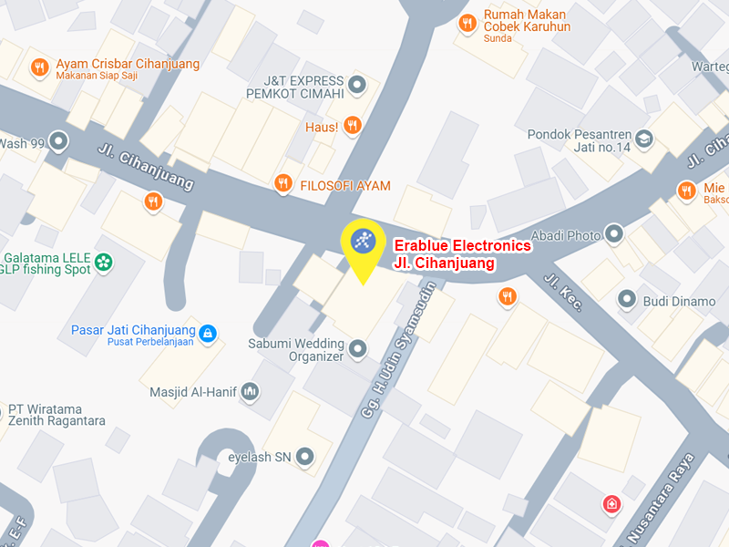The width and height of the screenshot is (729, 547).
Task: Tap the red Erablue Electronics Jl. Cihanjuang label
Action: click(x=461, y=254)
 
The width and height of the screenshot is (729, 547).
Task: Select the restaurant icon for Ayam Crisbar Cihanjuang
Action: click(x=39, y=67)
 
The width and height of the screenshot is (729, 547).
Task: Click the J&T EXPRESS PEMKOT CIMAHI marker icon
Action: click(x=357, y=86)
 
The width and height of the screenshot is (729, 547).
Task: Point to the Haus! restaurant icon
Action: click(x=353, y=126)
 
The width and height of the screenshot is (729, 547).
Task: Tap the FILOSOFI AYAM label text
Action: click(x=345, y=185)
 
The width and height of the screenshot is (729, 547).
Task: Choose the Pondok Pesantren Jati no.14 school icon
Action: click(x=644, y=139)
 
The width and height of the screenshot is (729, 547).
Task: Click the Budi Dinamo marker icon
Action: click(x=626, y=299)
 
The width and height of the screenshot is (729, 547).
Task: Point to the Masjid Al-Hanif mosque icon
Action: click(x=251, y=392)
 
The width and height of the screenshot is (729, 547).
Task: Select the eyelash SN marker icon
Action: click(x=305, y=456)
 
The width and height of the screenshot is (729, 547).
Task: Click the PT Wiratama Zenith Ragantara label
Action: click(x=56, y=415)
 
